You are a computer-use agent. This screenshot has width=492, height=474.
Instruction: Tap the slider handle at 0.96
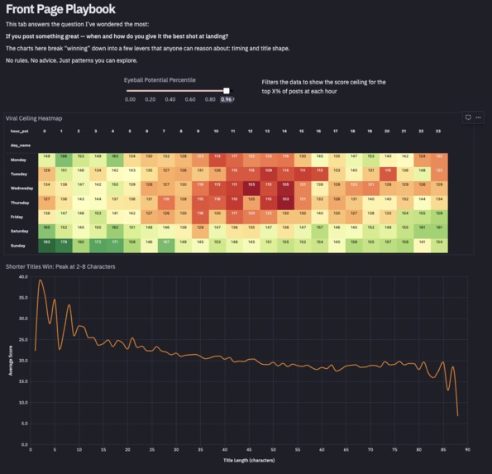(x=227, y=90)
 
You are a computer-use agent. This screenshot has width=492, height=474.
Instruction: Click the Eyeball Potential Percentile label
(x=160, y=80)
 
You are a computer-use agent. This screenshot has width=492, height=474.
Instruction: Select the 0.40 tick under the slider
(x=170, y=99)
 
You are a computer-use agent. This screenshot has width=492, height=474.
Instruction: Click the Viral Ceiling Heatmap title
(x=34, y=118)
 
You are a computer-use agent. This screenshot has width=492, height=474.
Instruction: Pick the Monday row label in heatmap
(x=19, y=159)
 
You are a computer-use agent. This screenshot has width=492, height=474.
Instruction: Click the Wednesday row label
(x=21, y=188)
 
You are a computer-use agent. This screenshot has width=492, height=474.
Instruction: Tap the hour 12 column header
(x=251, y=131)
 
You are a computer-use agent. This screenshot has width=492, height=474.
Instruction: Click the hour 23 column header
(x=438, y=131)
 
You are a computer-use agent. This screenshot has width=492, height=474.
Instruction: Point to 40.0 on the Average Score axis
(x=22, y=277)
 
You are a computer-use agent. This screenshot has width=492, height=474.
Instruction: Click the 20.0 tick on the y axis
(x=22, y=361)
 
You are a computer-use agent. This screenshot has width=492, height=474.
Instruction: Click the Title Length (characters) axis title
(x=249, y=461)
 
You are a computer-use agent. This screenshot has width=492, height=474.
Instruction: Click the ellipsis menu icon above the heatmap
(x=478, y=117)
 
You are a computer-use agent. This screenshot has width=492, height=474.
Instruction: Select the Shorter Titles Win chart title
(x=60, y=266)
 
